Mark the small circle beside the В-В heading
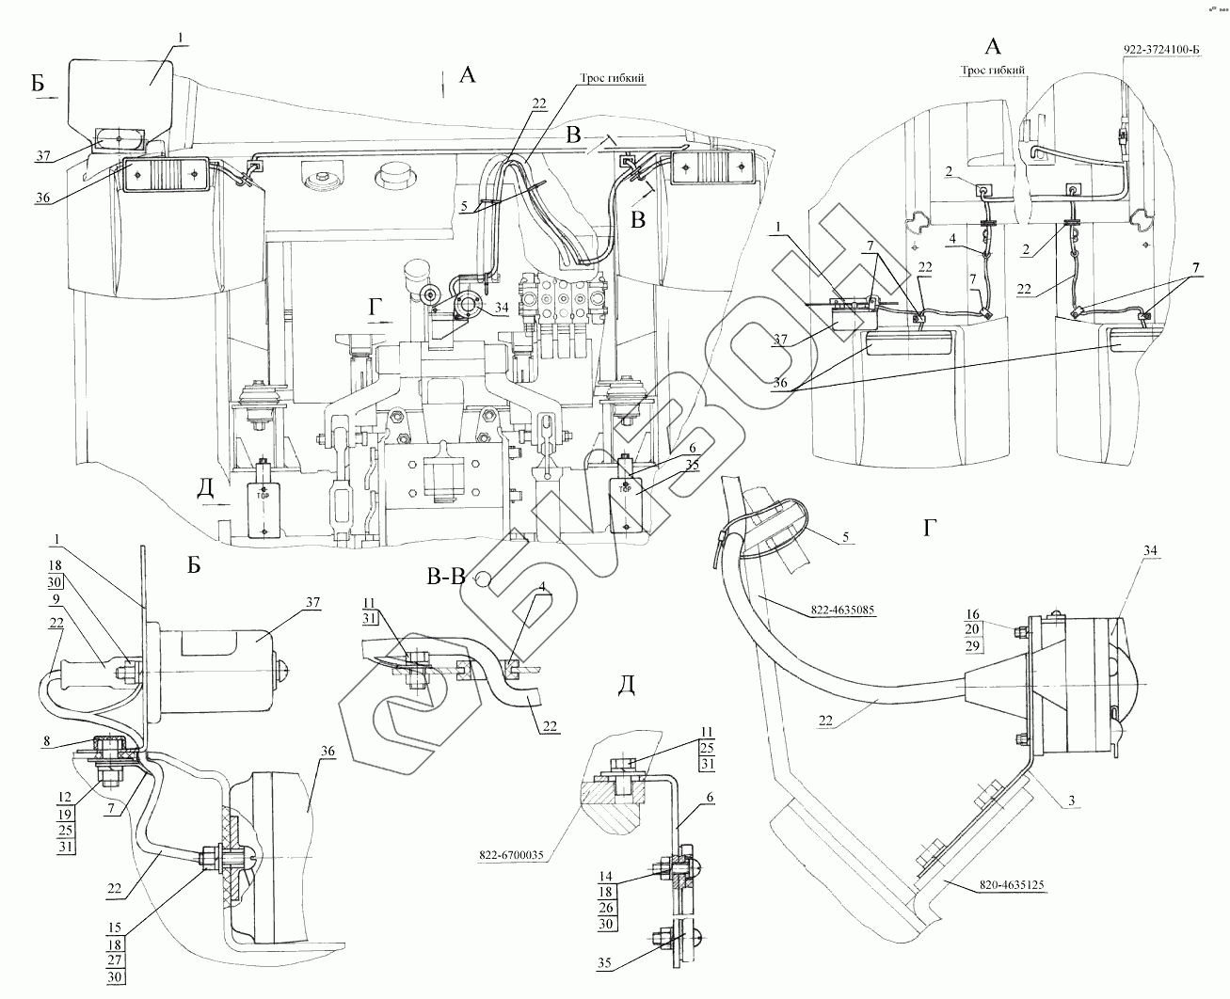(483, 579)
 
